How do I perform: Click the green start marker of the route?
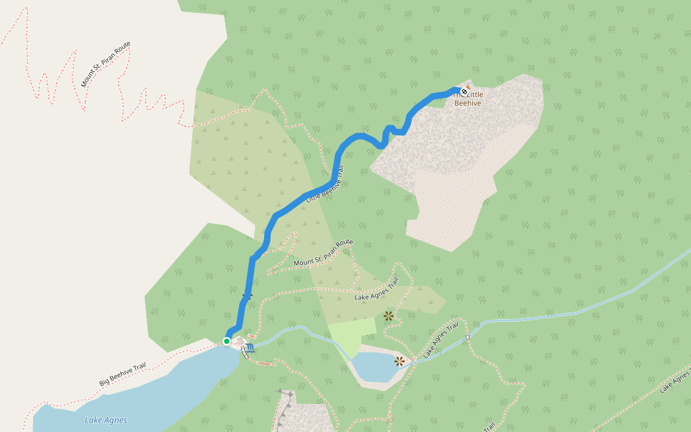click(226, 341)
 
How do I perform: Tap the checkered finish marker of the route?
click(465, 92)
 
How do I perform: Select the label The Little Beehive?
click(469, 99)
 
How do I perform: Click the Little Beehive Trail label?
click(326, 185)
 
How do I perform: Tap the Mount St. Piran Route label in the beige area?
click(106, 64)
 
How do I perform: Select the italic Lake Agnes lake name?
click(106, 420)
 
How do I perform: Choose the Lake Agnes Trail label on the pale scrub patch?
click(376, 289)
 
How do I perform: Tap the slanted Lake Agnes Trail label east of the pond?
click(441, 340)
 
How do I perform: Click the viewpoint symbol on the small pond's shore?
click(399, 360)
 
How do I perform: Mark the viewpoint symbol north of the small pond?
click(389, 315)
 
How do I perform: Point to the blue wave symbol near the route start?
click(249, 348)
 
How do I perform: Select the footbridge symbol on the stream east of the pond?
click(467, 337)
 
